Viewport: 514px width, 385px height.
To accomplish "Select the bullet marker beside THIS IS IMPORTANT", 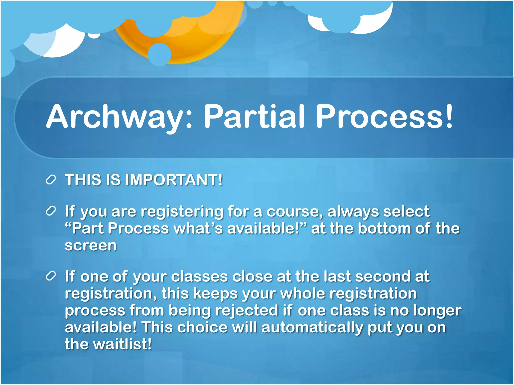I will (51, 180).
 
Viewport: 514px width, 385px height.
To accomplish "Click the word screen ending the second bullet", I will (91, 245).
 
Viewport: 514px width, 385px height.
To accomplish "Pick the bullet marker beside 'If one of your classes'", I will (51, 276).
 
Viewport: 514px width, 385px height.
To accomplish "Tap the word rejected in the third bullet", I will (247, 311).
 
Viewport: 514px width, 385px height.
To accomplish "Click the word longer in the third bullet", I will (437, 311).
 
